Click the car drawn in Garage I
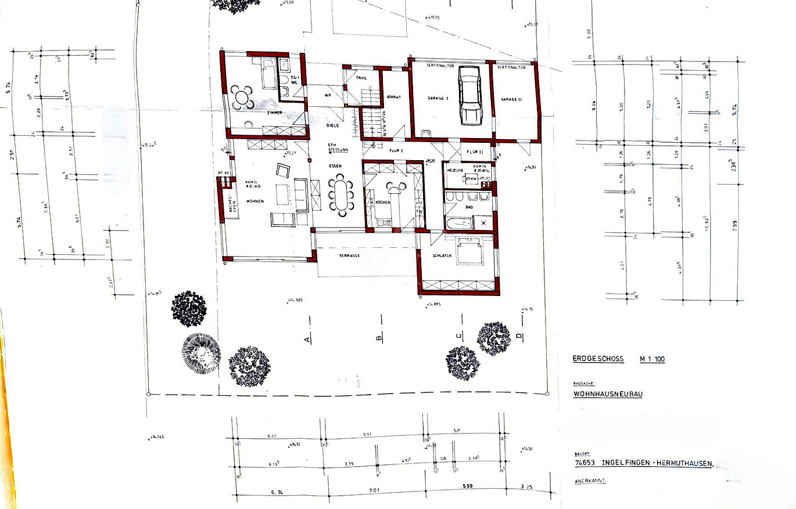click(469, 95)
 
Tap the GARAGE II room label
click(511, 99)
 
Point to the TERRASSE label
click(350, 255)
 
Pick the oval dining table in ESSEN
click(340, 195)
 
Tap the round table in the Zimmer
click(242, 98)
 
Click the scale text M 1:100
click(652, 359)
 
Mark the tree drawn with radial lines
click(201, 353)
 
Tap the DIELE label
click(332, 125)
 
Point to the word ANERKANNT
click(589, 481)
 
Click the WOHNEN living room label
click(254, 201)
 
